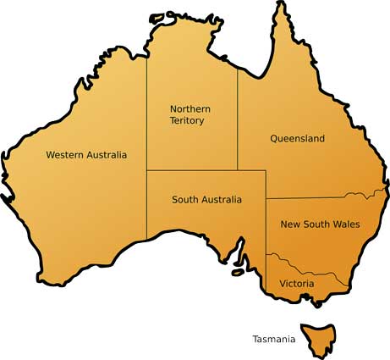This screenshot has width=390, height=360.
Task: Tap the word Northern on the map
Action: coord(190,109)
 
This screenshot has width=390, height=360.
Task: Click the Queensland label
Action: coord(297,138)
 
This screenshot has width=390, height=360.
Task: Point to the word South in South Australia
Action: coord(185,200)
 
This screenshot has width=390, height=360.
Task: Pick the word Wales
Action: coord(347,224)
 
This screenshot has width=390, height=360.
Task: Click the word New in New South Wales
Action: coord(291,224)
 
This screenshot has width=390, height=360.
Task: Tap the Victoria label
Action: coord(296,283)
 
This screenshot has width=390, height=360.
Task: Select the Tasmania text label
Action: coord(274,340)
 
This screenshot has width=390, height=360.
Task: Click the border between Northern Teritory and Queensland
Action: coord(237,119)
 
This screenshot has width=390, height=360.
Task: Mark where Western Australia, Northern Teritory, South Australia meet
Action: coord(147,170)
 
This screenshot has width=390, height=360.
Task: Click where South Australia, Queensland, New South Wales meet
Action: coord(266,199)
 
